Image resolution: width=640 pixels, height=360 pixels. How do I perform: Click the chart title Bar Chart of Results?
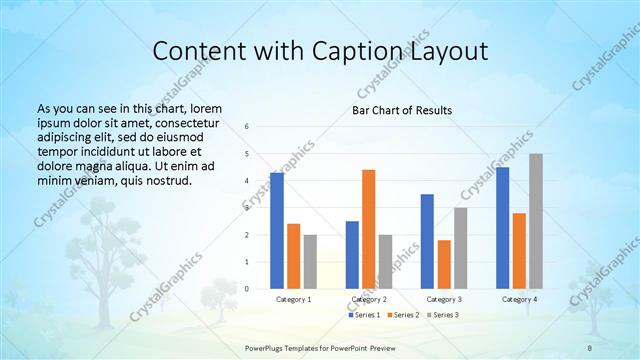[401, 110]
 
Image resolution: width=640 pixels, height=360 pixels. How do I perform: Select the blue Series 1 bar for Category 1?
[277, 231]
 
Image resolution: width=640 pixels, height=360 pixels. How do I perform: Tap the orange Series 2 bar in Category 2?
[368, 229]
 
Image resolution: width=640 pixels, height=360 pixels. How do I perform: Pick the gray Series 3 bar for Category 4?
[536, 221]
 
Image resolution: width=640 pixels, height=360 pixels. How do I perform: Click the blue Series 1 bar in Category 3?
[427, 241]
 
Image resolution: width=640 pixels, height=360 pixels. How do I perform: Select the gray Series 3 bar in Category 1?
[310, 262]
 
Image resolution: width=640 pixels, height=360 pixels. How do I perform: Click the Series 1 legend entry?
[364, 315]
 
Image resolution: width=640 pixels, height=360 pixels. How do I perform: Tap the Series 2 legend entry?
[403, 315]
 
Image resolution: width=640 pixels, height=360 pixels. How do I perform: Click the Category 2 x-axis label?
[369, 299]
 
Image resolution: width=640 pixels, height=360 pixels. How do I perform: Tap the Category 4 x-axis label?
[519, 299]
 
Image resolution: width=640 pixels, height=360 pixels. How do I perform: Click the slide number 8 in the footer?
[590, 346]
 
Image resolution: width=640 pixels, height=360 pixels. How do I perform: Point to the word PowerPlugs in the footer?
[268, 346]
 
